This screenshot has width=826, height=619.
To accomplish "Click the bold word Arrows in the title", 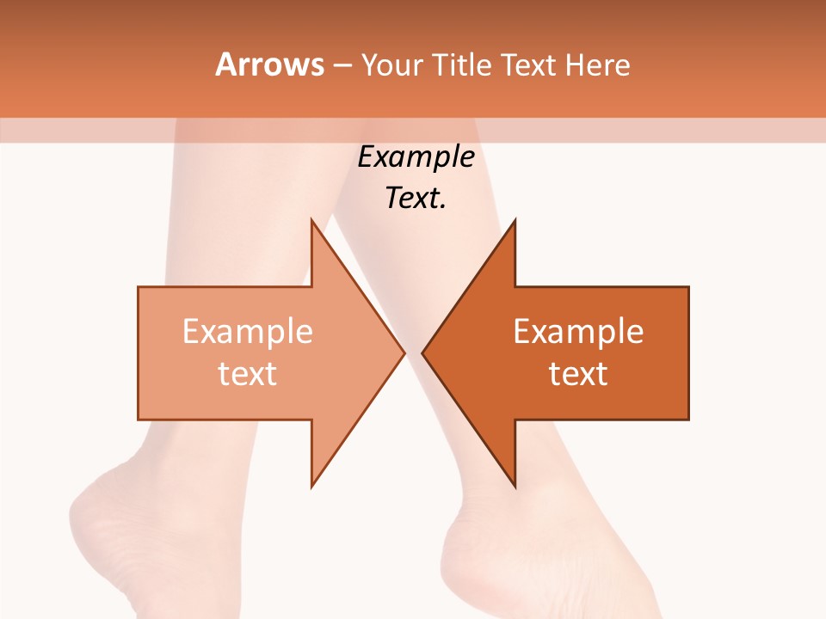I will click(x=270, y=64).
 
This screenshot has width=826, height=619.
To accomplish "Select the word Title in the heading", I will click(x=463, y=64).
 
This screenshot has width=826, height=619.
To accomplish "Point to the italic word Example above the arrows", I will click(x=416, y=157).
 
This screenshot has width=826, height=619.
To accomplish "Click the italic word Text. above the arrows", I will click(x=416, y=199).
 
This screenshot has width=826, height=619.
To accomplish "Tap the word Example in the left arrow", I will click(x=248, y=332).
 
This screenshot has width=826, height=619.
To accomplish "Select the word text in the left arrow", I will click(x=248, y=374).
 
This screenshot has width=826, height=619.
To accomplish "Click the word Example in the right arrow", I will click(x=578, y=332).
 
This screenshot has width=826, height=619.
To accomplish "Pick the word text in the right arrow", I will click(x=578, y=374).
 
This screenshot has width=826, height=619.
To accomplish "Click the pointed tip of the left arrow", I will click(x=404, y=352).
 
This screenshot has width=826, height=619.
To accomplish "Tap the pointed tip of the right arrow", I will click(x=422, y=352).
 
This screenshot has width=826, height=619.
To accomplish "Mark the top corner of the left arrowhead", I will click(x=311, y=220).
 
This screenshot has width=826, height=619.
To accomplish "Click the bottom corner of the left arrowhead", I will click(x=311, y=486).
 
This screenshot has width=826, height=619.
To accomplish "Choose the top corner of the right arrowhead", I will click(x=515, y=220).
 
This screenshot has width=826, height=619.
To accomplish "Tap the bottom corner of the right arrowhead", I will click(x=515, y=486).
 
